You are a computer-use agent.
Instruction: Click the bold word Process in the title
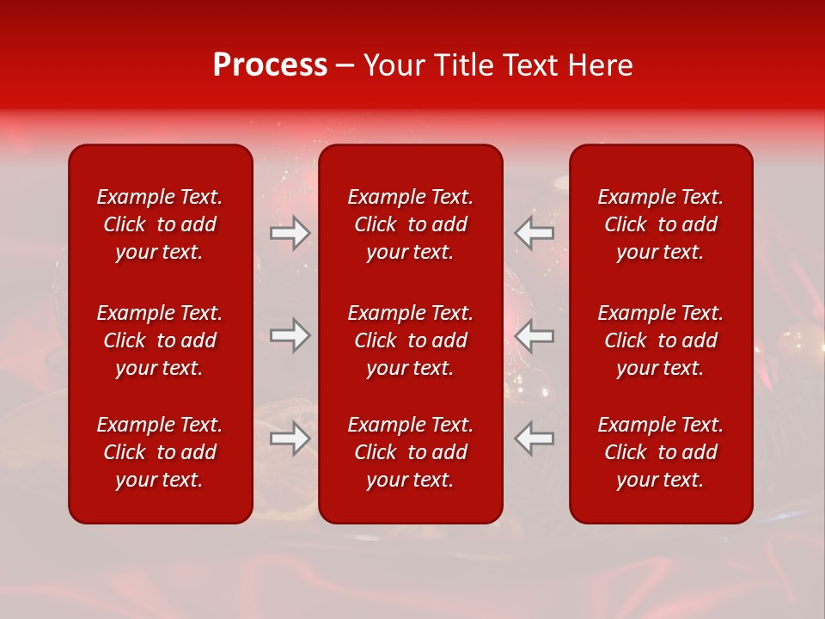pos(270,65)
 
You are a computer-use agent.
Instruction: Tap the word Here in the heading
pos(600,65)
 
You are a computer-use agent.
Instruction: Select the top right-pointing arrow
pos(290,233)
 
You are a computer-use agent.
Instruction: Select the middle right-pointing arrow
pos(290,335)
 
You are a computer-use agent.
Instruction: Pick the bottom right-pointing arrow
pos(290,438)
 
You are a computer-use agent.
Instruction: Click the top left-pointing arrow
pos(535,233)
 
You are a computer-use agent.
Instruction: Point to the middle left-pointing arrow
pos(535,335)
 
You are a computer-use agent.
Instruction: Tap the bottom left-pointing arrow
pos(535,438)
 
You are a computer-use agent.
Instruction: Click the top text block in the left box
pos(160,224)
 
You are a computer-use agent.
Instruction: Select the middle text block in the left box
pos(160,340)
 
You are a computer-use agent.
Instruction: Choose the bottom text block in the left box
pos(160,452)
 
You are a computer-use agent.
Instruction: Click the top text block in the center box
pos(410,224)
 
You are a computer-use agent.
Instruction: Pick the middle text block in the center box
pos(410,340)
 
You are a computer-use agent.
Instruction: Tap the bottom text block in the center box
pos(410,452)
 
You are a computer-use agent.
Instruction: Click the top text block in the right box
pos(661,224)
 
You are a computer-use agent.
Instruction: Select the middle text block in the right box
pos(661,340)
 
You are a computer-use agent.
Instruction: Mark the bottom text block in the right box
pos(661,452)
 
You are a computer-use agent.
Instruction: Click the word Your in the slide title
pos(392,65)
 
